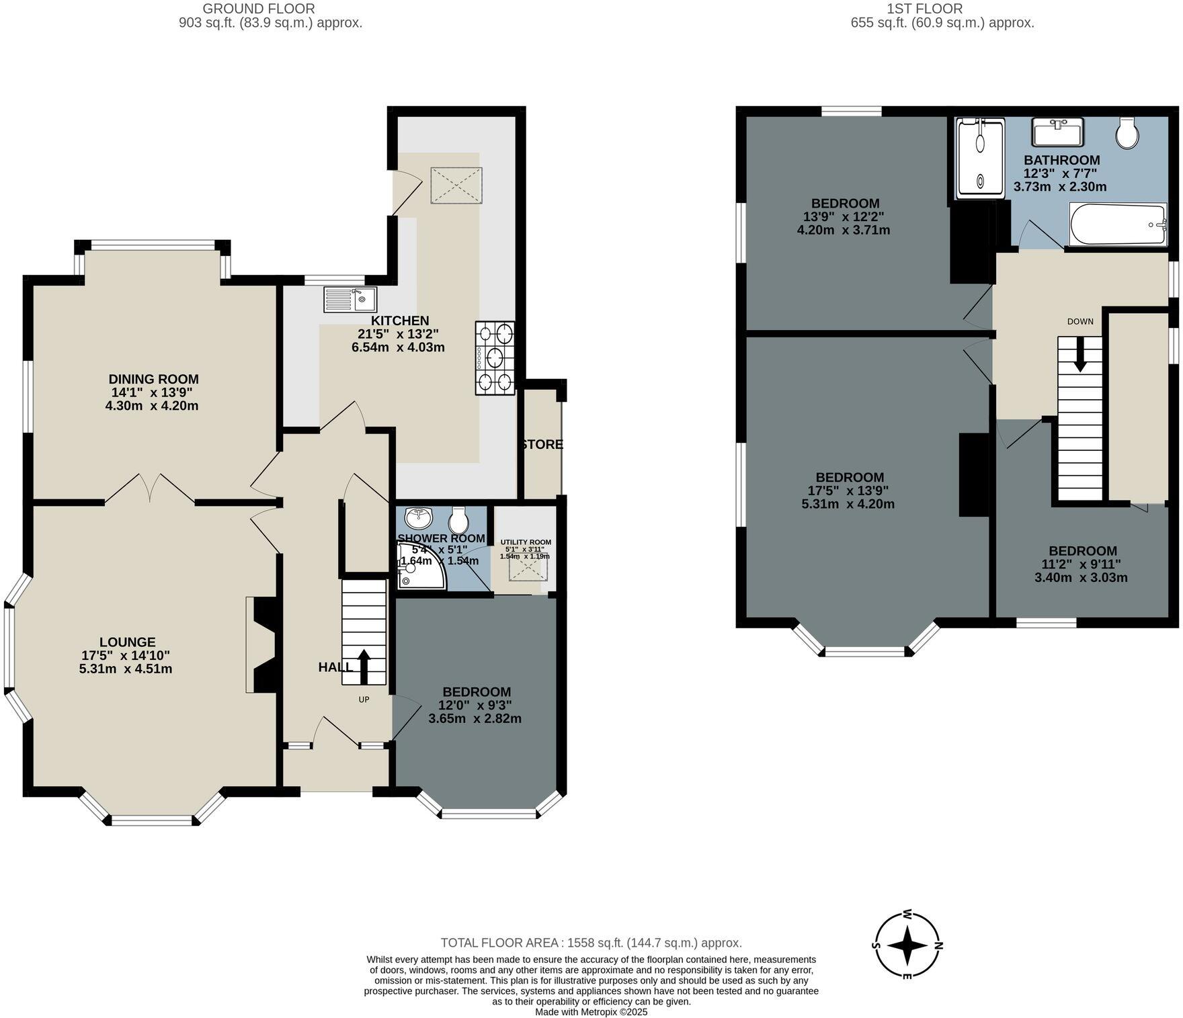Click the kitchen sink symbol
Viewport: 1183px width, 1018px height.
(350, 299)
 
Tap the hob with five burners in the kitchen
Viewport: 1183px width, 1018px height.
(495, 357)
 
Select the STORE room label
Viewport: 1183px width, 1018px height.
(542, 445)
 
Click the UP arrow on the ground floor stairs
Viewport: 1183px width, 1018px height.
(364, 665)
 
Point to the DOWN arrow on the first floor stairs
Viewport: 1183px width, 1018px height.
(1079, 354)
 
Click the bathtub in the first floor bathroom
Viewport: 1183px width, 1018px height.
(1117, 224)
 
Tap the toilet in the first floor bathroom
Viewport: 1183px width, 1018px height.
(1127, 133)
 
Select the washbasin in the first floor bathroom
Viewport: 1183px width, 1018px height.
(1057, 132)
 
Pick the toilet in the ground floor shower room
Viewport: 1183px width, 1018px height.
(459, 519)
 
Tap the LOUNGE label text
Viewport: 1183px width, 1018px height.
(128, 642)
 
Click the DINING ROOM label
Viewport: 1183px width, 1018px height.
(153, 380)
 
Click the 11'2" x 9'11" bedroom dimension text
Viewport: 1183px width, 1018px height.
(1082, 564)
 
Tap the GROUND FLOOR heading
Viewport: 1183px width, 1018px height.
(259, 9)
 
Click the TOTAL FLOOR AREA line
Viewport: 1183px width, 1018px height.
(591, 943)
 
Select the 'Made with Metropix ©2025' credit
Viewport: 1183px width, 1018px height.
(591, 1011)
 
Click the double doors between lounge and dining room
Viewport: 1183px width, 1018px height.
(150, 488)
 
